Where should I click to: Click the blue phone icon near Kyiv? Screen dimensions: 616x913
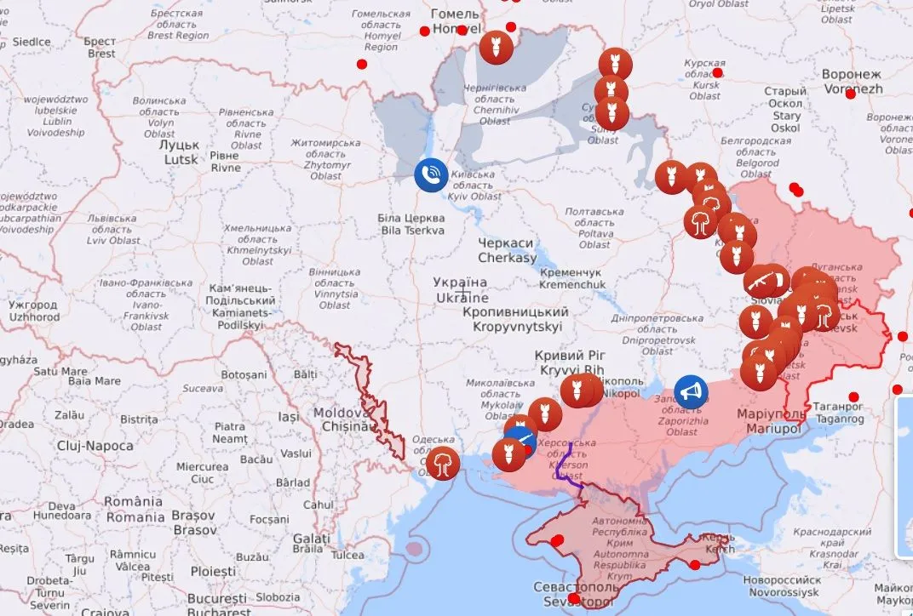tap(432, 174)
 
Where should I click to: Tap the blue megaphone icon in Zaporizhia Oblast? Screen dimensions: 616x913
tap(691, 391)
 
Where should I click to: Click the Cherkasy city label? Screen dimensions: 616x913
tap(507, 250)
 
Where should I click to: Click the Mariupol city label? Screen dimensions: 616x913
tap(768, 421)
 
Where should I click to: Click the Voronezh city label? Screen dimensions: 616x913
tap(852, 81)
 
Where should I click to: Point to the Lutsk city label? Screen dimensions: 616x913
tap(181, 152)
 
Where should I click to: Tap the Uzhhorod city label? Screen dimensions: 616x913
tap(34, 311)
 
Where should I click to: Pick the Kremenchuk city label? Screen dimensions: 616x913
tap(571, 278)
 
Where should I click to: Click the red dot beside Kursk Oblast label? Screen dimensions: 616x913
tap(717, 73)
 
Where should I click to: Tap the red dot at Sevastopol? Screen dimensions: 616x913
tap(574, 599)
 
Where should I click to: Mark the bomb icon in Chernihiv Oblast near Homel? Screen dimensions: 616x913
tap(494, 47)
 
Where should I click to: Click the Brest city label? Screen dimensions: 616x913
tap(100, 48)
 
